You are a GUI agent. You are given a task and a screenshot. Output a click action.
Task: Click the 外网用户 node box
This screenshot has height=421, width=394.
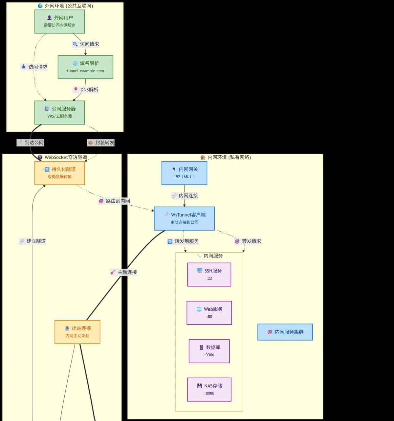pyautogui.click(x=60, y=21)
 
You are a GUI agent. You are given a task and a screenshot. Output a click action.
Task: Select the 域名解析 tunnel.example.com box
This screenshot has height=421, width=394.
pyautogui.click(x=85, y=67)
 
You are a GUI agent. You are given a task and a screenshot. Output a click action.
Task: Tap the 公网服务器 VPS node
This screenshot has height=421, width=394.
pyautogui.click(x=60, y=112)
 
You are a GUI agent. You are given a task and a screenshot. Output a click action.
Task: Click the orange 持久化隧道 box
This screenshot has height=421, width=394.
pyautogui.click(x=60, y=173)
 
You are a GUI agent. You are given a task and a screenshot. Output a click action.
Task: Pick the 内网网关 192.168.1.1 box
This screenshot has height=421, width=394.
pyautogui.click(x=184, y=173)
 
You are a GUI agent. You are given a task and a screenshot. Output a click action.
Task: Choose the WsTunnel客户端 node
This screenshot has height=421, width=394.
pyautogui.click(x=184, y=218)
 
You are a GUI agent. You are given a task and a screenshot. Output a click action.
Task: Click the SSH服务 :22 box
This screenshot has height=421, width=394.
pyautogui.click(x=209, y=275)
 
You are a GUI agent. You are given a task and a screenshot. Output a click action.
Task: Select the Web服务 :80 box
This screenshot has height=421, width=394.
pyautogui.click(x=209, y=313)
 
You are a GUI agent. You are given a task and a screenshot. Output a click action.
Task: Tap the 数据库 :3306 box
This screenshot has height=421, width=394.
pyautogui.click(x=209, y=351)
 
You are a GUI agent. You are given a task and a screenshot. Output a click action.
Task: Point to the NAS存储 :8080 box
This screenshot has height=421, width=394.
pyautogui.click(x=209, y=389)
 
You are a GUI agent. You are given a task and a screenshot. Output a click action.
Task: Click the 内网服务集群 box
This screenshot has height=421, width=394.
pyautogui.click(x=285, y=332)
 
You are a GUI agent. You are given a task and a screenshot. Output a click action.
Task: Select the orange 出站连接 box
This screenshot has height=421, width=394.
pyautogui.click(x=77, y=332)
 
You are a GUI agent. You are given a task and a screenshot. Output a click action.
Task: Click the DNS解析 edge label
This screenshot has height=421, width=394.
pyautogui.click(x=86, y=90)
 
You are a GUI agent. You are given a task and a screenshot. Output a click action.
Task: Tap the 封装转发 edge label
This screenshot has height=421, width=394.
pyautogui.click(x=101, y=143)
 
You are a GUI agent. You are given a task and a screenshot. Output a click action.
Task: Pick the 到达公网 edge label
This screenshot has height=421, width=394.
pyautogui.click(x=31, y=143)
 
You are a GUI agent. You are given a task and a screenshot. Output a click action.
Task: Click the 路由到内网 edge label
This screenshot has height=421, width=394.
pyautogui.click(x=114, y=201)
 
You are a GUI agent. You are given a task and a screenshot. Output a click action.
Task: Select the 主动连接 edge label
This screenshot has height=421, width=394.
pyautogui.click(x=124, y=272)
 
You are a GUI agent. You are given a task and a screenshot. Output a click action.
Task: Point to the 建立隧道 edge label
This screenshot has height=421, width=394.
pyautogui.click(x=33, y=241)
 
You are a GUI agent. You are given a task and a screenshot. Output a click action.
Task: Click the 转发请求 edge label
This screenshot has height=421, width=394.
pyautogui.click(x=248, y=241)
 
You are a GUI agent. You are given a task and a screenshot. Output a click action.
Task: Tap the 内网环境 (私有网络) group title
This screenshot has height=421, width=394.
pyautogui.click(x=226, y=157)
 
